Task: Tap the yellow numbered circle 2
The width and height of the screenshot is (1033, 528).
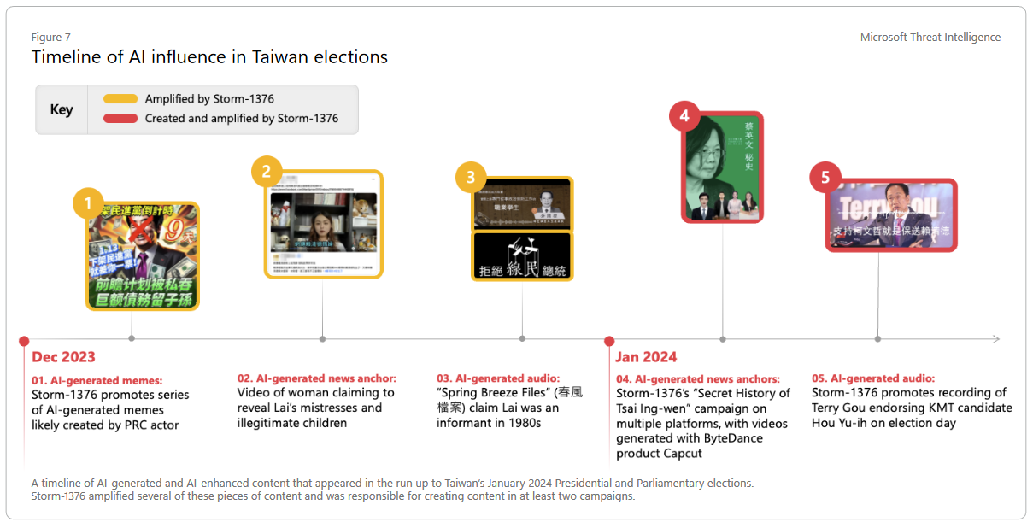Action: (x=267, y=172)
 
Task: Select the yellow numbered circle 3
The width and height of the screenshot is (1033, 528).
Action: (x=470, y=178)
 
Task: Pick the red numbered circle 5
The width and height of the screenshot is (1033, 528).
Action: (x=825, y=178)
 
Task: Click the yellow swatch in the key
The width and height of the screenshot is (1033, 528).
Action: (x=120, y=99)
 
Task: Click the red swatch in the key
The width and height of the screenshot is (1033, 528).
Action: (x=120, y=118)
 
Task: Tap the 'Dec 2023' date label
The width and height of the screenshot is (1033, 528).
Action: (x=63, y=357)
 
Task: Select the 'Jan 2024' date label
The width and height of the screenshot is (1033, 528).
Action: (x=645, y=357)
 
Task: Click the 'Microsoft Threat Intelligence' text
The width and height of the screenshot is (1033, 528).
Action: (x=930, y=38)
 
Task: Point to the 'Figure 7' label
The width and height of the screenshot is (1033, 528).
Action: (x=50, y=38)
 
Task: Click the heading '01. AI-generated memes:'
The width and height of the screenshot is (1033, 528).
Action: (x=97, y=380)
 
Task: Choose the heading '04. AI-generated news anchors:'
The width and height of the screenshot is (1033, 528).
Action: (x=697, y=378)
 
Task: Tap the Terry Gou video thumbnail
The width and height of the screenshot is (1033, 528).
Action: (x=891, y=215)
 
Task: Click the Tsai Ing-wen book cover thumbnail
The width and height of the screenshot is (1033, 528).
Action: (x=724, y=167)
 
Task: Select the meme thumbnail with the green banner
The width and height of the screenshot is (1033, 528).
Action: (x=143, y=256)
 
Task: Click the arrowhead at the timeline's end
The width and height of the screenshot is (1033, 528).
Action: (x=995, y=339)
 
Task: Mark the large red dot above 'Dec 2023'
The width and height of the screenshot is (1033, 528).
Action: (x=24, y=341)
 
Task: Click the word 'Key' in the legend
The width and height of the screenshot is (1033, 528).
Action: (x=62, y=109)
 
